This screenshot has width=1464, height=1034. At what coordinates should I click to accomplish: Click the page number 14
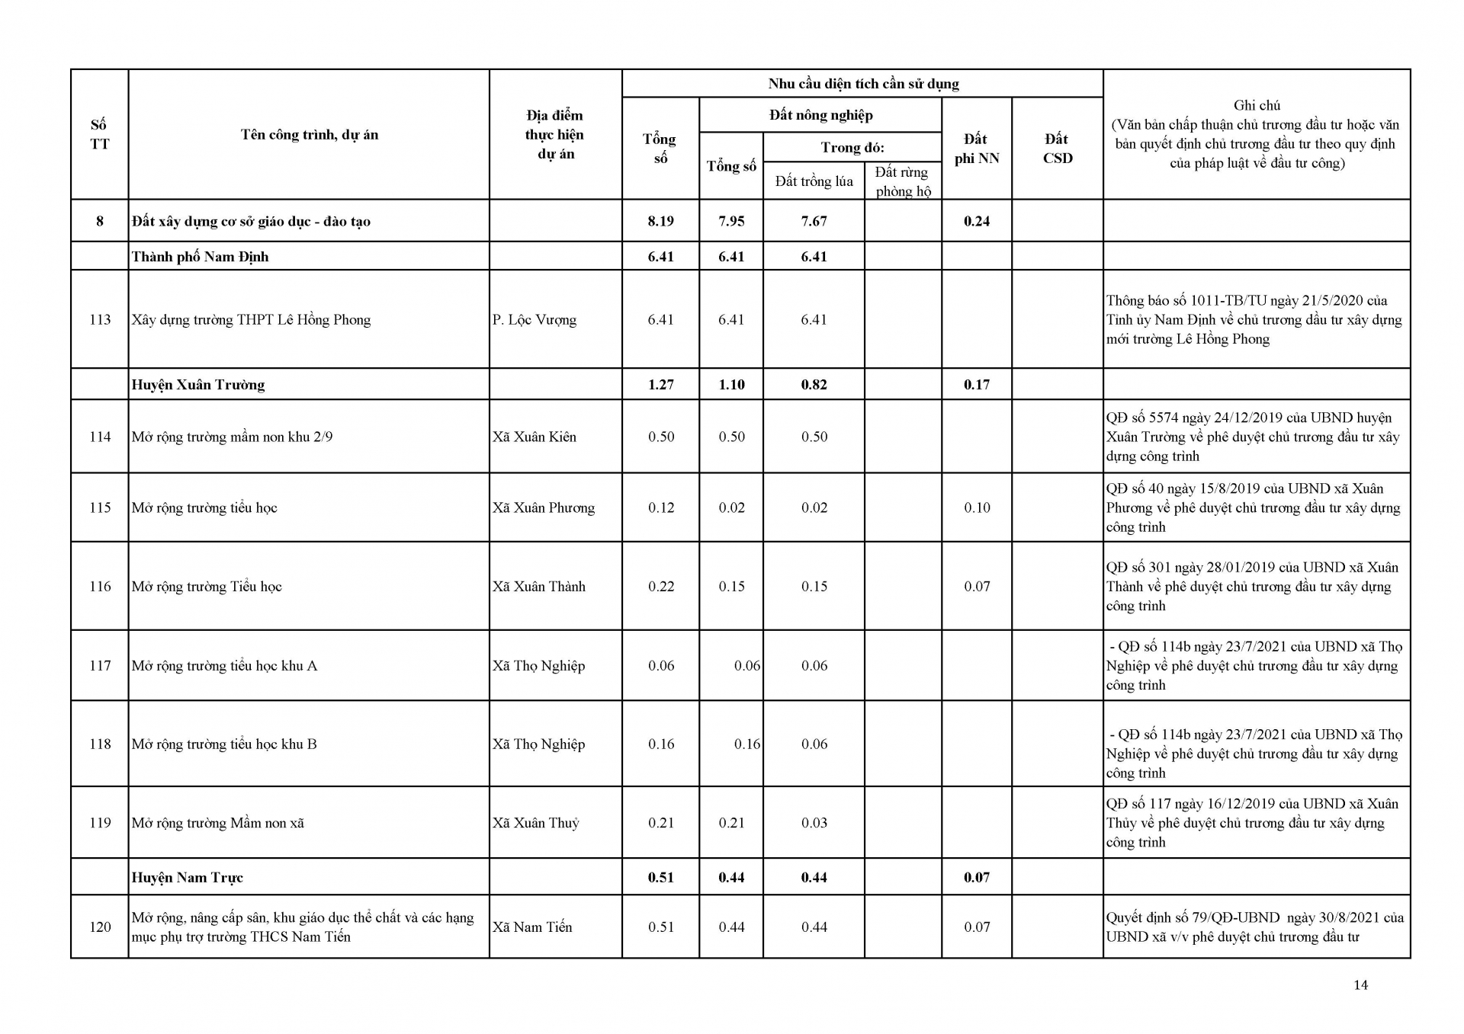pyautogui.click(x=1360, y=985)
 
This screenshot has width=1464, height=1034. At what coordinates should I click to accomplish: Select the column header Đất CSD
pyautogui.click(x=1057, y=149)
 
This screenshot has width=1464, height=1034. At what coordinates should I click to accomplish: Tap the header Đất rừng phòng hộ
pyautogui.click(x=903, y=181)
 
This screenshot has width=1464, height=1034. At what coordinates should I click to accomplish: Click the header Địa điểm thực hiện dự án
pyautogui.click(x=555, y=135)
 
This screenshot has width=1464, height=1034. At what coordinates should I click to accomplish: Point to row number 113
pyautogui.click(x=100, y=319)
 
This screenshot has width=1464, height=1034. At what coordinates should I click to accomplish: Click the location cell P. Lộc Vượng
pyautogui.click(x=534, y=319)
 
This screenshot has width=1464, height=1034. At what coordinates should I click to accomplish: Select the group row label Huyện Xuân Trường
pyautogui.click(x=198, y=385)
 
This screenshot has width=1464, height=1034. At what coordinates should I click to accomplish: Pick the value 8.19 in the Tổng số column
pyautogui.click(x=660, y=221)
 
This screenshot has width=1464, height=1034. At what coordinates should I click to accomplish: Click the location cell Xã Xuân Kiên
pyautogui.click(x=534, y=437)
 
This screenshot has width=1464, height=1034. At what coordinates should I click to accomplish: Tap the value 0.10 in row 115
pyautogui.click(x=977, y=507)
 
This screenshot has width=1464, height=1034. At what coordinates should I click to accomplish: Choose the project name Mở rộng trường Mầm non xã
pyautogui.click(x=217, y=823)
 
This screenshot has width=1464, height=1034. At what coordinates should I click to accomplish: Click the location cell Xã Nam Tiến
pyautogui.click(x=531, y=927)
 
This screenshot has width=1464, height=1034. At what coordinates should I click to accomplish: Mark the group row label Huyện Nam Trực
pyautogui.click(x=187, y=878)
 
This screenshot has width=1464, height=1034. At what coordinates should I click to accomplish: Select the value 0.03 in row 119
pyautogui.click(x=814, y=823)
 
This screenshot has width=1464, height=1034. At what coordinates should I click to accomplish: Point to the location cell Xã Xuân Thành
pyautogui.click(x=538, y=587)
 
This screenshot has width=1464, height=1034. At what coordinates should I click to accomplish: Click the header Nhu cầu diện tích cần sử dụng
pyautogui.click(x=863, y=84)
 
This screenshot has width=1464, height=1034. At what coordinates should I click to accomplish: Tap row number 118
pyautogui.click(x=100, y=744)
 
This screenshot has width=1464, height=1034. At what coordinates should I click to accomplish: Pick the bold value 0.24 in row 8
pyautogui.click(x=977, y=221)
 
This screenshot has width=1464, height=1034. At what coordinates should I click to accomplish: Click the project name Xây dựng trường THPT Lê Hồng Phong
pyautogui.click(x=251, y=319)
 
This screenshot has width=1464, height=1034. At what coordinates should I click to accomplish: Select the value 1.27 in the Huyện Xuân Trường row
pyautogui.click(x=660, y=385)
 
